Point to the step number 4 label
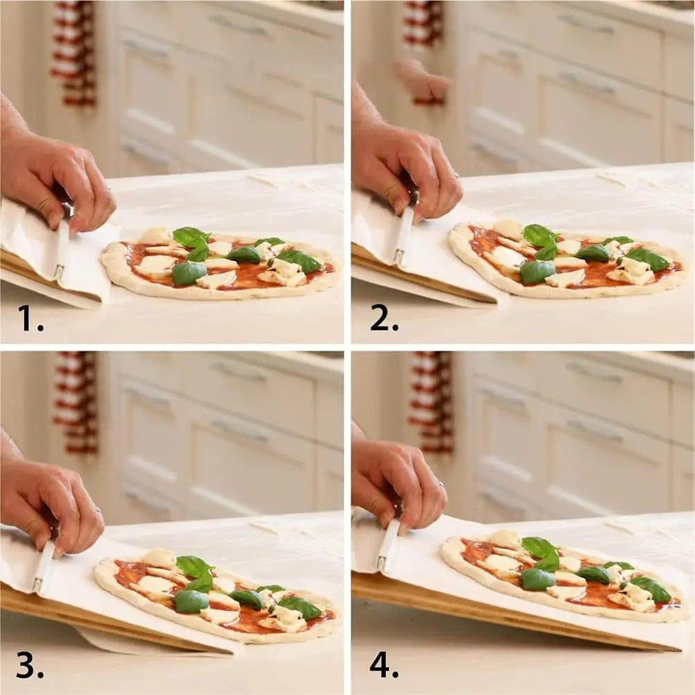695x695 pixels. [383, 664]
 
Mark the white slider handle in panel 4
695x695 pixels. [387, 545]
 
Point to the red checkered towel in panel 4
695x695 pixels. [432, 403]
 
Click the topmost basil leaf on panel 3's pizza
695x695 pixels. [193, 565]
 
